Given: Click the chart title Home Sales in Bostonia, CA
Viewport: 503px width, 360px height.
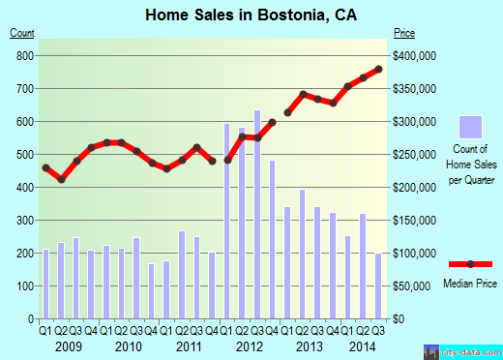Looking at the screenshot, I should click(x=251, y=15).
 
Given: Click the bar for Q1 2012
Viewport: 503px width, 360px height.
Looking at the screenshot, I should click(x=227, y=222).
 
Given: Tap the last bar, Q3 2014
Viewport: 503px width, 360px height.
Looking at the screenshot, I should click(x=378, y=286).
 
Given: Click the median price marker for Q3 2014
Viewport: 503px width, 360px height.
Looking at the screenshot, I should click(x=379, y=69).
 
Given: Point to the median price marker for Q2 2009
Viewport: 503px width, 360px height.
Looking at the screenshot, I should click(x=61, y=179).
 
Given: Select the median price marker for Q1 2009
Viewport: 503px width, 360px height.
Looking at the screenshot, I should click(x=45, y=168).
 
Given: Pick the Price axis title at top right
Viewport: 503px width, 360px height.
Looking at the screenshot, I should click(x=405, y=34).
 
